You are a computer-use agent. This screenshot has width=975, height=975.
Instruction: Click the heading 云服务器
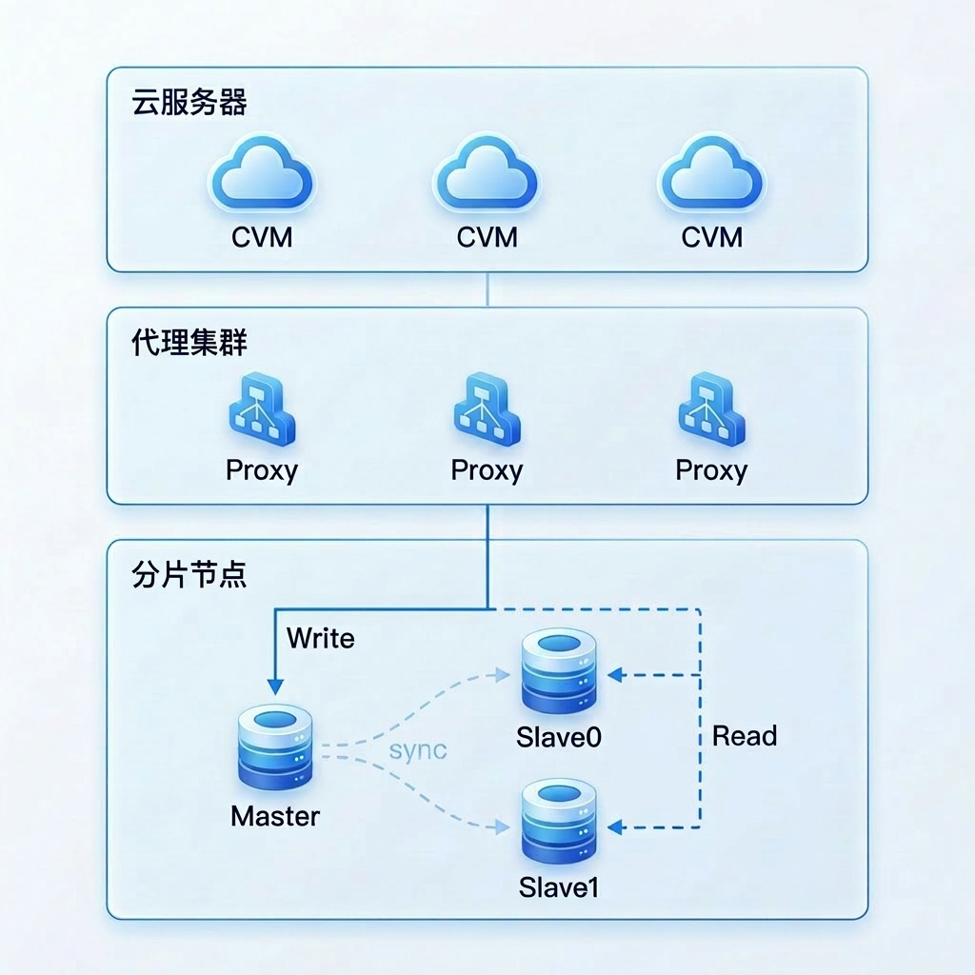pyautogui.click(x=189, y=103)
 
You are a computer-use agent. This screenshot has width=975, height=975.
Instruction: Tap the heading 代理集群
pyautogui.click(x=189, y=343)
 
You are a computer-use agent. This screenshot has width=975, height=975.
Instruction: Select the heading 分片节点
pyautogui.click(x=189, y=575)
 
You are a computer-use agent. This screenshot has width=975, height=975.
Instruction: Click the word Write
pyautogui.click(x=320, y=638)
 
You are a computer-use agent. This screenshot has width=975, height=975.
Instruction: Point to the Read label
pyautogui.click(x=745, y=736)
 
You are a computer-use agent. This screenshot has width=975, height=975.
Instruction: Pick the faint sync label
pyautogui.click(x=418, y=749)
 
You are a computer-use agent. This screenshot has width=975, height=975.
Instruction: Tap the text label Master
pyautogui.click(x=275, y=816)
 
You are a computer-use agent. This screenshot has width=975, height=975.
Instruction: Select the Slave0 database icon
pyautogui.click(x=559, y=675)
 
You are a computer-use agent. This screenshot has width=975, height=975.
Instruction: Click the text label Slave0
pyautogui.click(x=559, y=737)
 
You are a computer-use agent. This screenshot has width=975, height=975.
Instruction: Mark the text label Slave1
pyautogui.click(x=559, y=887)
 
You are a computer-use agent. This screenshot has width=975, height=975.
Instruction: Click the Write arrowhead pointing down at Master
pyautogui.click(x=275, y=686)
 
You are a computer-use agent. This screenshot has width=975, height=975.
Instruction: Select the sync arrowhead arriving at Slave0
pyautogui.click(x=504, y=675)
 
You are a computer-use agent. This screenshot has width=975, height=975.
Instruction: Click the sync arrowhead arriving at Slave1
pyautogui.click(x=504, y=826)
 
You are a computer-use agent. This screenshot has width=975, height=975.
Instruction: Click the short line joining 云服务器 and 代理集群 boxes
pyautogui.click(x=487, y=289)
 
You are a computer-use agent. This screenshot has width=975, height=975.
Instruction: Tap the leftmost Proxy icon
pyautogui.click(x=262, y=413)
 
